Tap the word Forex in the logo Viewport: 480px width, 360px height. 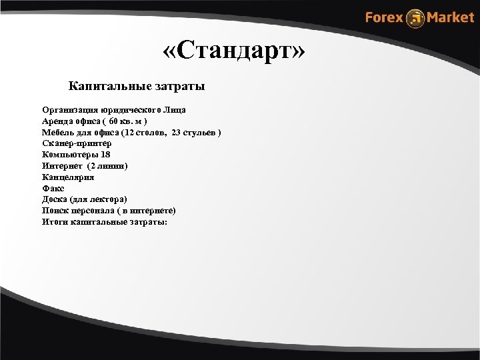coord(384,17)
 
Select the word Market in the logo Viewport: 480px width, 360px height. coord(451,17)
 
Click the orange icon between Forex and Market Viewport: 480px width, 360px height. coord(416,18)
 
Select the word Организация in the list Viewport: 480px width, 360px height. coord(70,109)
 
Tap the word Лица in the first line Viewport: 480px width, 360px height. coord(176,109)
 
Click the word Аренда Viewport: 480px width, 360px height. coord(57,121)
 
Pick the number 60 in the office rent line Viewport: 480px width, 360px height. coord(115,121)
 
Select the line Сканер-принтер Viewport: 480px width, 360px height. coord(77,143)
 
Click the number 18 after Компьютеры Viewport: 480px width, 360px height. coord(105,155)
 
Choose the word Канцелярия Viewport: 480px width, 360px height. coord(67,177)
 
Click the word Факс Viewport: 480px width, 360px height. coord(53,189)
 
